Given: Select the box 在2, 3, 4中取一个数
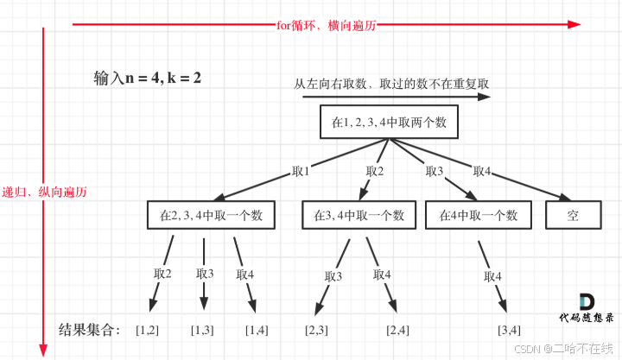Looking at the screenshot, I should pyautogui.click(x=212, y=214).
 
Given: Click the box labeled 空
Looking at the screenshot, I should pyautogui.click(x=574, y=214).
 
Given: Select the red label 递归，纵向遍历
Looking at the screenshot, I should pyautogui.click(x=44, y=191).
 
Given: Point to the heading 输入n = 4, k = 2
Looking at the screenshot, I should pyautogui.click(x=148, y=77).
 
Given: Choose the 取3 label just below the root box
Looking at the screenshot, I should pyautogui.click(x=434, y=171).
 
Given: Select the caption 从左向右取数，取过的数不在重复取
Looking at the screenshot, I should pyautogui.click(x=392, y=84).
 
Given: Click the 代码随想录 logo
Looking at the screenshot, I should pyautogui.click(x=586, y=310).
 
